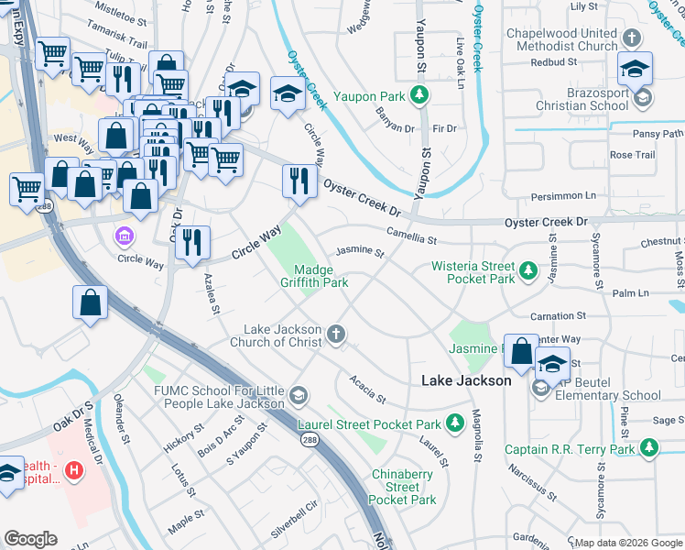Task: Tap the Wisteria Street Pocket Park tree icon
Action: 527,270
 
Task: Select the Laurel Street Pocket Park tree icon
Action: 455,423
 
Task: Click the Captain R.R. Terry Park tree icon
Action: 649,447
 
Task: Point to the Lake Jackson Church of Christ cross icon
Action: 337,335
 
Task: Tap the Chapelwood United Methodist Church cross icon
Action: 631,38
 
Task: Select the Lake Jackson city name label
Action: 465,380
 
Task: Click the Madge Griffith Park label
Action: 321,276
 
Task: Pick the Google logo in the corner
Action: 30,538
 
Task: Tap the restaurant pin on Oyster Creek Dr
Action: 299,181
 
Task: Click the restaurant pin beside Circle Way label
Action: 192,243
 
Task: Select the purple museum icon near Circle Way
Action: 123,237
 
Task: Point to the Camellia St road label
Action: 411,236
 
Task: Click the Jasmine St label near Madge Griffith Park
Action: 359,250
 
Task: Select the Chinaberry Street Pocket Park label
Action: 402,486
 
